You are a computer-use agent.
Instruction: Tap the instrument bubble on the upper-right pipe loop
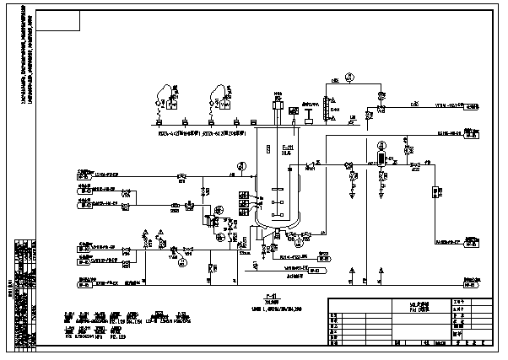[350, 77]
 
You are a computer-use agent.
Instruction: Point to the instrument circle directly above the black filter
[381, 144]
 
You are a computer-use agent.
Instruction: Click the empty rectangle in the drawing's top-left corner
[60, 22]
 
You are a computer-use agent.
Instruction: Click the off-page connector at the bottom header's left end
[84, 285]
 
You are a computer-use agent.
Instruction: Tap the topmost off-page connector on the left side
[84, 176]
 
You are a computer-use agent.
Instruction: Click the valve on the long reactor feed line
[181, 177]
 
